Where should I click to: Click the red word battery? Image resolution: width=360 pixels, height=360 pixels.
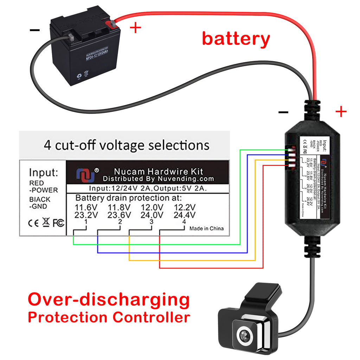236,38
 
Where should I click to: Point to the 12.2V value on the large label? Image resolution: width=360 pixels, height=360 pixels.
185,207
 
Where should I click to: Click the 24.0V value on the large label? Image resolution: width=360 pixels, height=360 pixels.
152,215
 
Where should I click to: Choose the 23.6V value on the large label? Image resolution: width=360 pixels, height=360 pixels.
120,215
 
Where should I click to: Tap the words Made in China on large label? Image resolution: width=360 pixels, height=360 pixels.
206,229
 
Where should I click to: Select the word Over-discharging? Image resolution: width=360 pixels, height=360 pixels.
109,300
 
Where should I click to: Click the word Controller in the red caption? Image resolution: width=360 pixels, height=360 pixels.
152,317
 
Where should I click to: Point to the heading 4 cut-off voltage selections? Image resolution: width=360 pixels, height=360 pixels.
126,145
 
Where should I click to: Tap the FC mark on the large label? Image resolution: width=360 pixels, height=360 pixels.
58,223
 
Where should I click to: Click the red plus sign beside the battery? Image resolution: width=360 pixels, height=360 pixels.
135,28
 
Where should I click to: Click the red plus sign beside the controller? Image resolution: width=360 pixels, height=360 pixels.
340,112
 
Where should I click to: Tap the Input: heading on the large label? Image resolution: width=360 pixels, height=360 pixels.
43,173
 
